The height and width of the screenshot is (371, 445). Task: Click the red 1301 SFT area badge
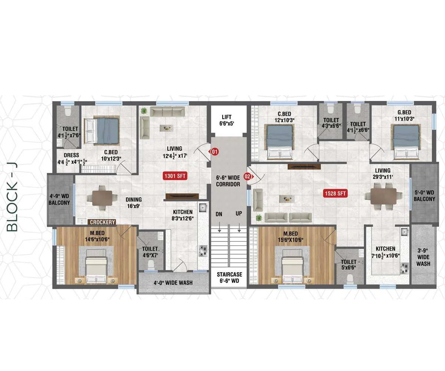tap(175, 176)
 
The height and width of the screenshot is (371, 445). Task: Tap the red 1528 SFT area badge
tap(335, 193)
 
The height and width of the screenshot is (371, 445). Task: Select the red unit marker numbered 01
tap(214, 152)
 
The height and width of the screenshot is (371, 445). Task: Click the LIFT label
tap(226, 117)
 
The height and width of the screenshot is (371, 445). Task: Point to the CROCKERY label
tap(102, 222)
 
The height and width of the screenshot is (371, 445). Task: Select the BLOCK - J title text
tap(12, 197)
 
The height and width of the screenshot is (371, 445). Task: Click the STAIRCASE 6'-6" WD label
tap(229, 278)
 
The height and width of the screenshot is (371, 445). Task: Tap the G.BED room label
tap(404, 112)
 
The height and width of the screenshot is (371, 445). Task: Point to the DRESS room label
tap(71, 155)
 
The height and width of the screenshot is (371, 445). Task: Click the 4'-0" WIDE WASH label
tap(173, 283)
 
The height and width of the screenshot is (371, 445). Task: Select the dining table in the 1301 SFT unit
tap(102, 198)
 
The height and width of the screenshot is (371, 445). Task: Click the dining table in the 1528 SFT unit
tap(383, 196)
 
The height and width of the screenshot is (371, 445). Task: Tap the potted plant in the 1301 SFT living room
tap(144, 111)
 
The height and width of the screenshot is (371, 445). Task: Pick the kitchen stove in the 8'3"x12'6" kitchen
tap(203, 251)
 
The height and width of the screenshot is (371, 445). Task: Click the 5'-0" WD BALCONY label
tap(424, 196)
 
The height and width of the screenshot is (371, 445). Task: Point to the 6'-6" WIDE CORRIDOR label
tap(228, 181)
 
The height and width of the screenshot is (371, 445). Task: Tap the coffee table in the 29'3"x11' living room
tap(287, 199)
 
